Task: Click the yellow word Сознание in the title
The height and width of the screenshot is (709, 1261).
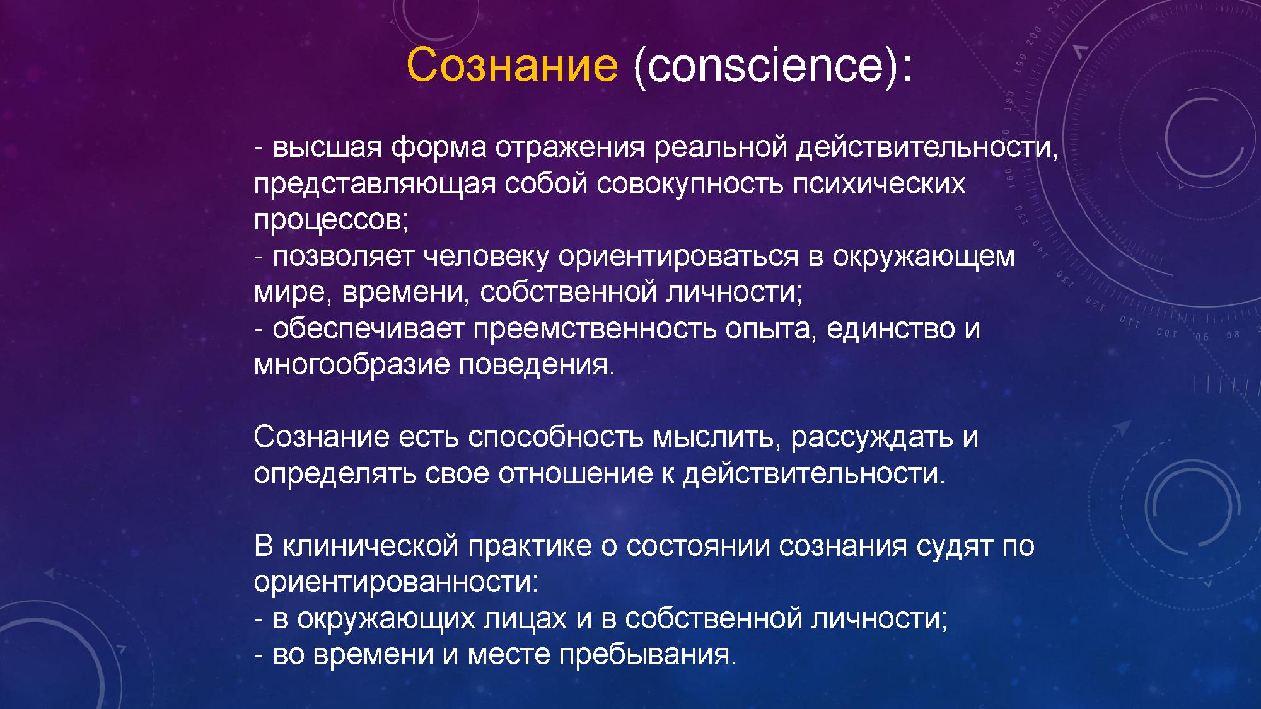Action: pos(512,64)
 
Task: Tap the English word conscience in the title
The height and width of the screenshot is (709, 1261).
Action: pos(765,64)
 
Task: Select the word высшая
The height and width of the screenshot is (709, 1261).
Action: pos(327,147)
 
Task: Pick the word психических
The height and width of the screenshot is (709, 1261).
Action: pos(879,184)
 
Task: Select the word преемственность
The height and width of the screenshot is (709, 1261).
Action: pos(595,329)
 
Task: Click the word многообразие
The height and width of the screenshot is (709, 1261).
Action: pos(351,366)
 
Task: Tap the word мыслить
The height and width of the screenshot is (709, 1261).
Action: pos(712,437)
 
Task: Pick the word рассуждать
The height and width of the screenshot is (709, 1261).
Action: pos(871,437)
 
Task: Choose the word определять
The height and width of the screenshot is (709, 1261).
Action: pos(335,474)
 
